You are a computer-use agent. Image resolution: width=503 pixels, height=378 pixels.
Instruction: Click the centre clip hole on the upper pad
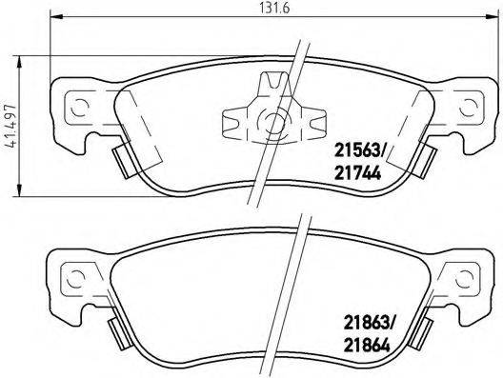274,122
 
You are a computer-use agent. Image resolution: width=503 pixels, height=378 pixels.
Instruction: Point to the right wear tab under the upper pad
426,160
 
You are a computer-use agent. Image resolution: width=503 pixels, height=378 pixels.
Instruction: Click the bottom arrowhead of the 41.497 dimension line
22,195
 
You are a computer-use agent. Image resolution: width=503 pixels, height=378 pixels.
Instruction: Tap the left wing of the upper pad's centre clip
233,122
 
